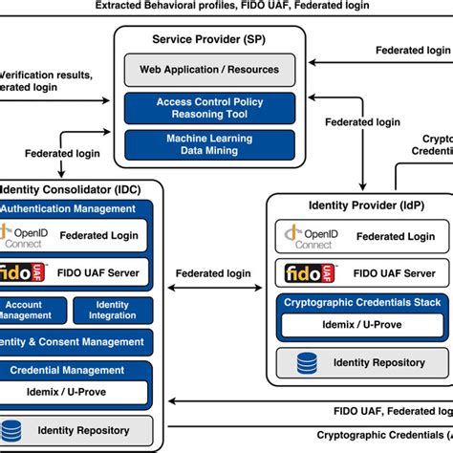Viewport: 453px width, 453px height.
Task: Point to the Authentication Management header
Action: pos(72,208)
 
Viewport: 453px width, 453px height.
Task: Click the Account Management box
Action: pos(31,310)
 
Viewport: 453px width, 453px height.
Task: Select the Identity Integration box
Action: pos(112,310)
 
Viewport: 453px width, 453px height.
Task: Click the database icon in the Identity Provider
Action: pos(308,363)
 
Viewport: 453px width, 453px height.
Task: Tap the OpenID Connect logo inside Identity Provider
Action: pos(307,237)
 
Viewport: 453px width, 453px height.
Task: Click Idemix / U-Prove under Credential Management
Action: pos(72,392)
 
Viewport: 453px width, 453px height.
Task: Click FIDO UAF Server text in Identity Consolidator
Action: pos(100,273)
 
